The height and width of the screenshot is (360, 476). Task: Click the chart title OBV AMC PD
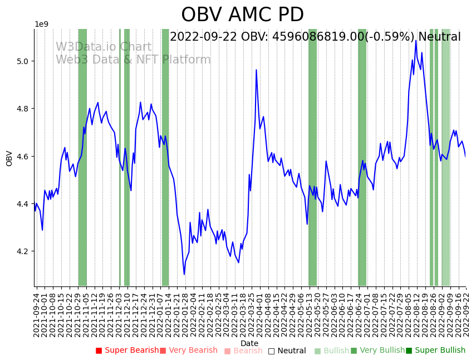[242, 15]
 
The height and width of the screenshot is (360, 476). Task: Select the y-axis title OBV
[9, 158]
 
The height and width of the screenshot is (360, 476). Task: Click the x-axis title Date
[249, 343]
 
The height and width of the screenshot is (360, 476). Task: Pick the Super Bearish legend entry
[127, 351]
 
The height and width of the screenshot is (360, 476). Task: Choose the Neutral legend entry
[287, 351]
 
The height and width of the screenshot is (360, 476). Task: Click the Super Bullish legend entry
[435, 351]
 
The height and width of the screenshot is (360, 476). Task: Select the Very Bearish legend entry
[189, 351]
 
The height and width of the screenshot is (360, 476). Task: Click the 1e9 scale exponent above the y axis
[42, 25]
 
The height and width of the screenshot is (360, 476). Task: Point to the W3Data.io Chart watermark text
[104, 47]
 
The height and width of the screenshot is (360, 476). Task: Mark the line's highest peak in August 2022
[416, 40]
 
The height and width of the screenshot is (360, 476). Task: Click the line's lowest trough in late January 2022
[184, 274]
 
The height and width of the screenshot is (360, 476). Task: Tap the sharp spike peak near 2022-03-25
[256, 70]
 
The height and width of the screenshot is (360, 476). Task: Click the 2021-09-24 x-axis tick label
[37, 315]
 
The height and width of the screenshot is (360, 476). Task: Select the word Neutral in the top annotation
[439, 37]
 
